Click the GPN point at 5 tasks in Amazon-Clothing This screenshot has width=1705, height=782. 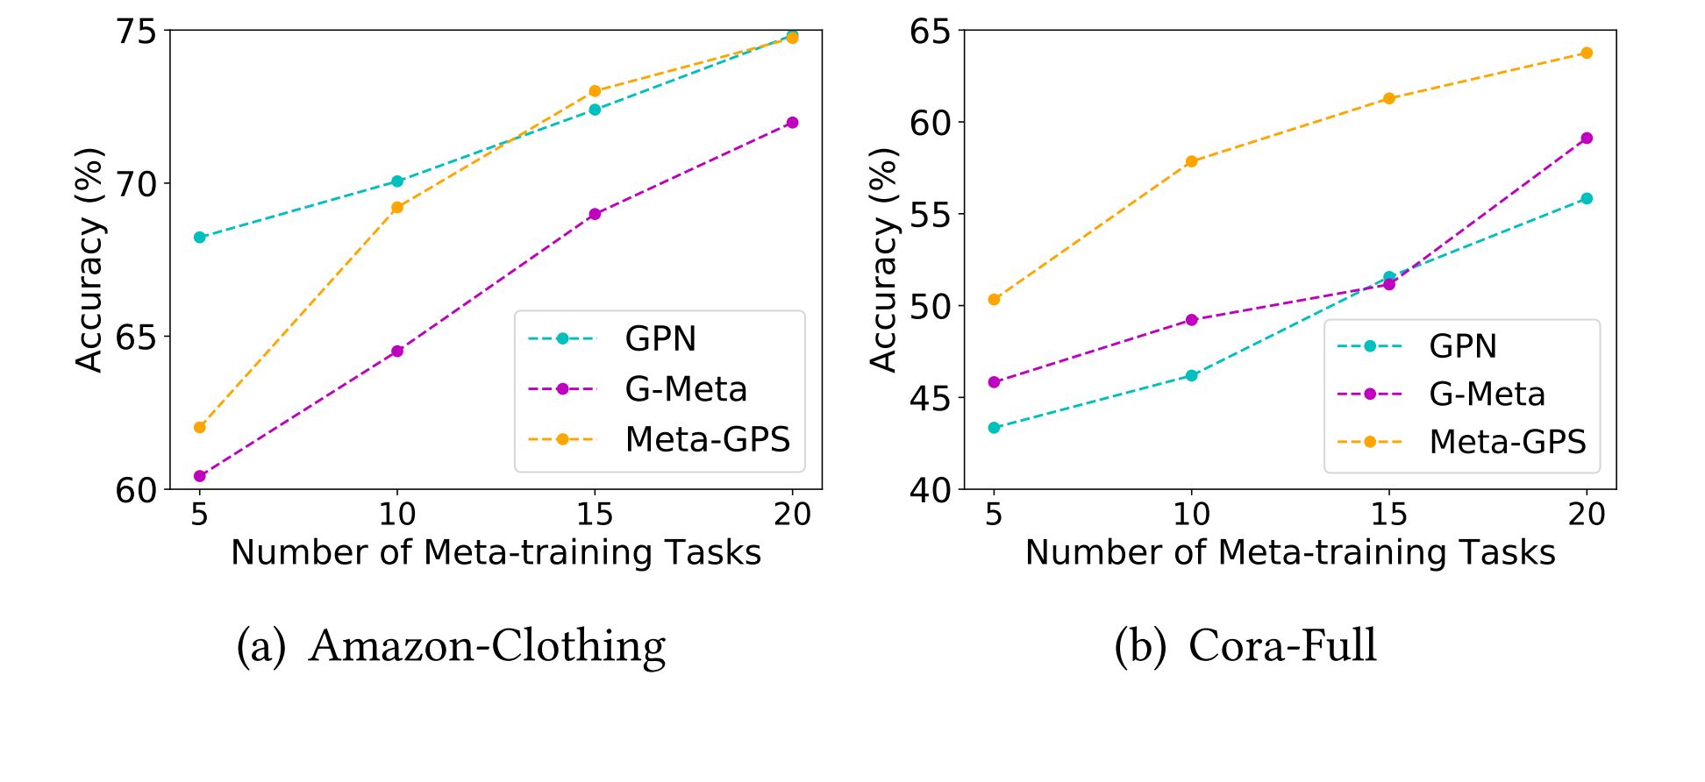click(199, 237)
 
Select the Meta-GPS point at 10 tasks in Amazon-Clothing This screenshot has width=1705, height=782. click(396, 208)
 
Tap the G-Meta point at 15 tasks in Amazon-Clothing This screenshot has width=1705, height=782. click(595, 214)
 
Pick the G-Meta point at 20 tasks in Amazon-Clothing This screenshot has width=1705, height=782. click(792, 123)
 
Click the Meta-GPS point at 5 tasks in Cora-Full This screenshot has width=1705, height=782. click(994, 300)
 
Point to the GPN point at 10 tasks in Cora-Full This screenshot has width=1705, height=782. click(1191, 375)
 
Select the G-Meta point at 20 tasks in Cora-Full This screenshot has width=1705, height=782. click(1586, 138)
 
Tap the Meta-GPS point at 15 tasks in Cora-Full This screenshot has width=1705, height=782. click(1388, 98)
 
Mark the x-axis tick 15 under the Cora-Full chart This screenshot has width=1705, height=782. click(1388, 514)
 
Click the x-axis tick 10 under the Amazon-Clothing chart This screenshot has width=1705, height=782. click(396, 514)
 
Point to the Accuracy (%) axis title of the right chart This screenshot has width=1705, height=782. click(884, 259)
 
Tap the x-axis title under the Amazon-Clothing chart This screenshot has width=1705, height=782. click(496, 552)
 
